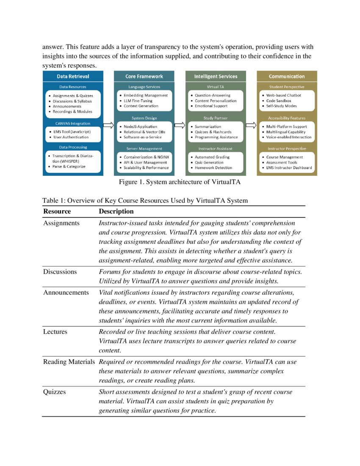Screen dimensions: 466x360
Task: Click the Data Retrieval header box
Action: pos(73,76)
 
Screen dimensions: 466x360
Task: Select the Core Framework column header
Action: pos(144,76)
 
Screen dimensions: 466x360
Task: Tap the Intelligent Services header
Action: pos(216,76)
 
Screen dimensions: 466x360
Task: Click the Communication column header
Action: pos(287,76)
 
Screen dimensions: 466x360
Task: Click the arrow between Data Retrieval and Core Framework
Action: pos(108,125)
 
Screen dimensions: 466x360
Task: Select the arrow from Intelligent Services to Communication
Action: pos(251,125)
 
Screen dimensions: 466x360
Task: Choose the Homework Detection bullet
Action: pos(213,168)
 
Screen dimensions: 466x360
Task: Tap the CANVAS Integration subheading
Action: pos(73,124)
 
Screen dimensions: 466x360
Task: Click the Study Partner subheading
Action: pos(216,118)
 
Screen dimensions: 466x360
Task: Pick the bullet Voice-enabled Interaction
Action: pos(289,137)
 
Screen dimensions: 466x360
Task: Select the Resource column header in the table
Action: pos(57,211)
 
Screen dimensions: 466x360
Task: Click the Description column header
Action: pos(116,211)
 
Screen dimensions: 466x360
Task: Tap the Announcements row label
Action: pos(66,293)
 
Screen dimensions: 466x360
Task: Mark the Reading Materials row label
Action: pos(69,362)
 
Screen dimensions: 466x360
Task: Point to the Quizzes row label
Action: pos(55,392)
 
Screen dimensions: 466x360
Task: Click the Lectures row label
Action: pos(55,332)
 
